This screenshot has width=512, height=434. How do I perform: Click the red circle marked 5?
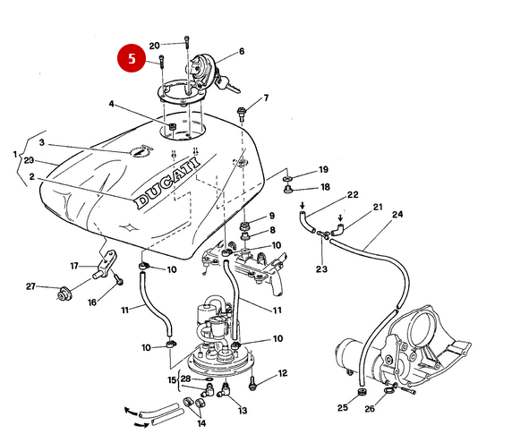click(132, 59)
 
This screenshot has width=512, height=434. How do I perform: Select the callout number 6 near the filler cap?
click(241, 52)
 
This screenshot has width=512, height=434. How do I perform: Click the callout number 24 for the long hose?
click(397, 215)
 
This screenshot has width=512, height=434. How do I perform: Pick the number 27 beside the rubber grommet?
click(30, 286)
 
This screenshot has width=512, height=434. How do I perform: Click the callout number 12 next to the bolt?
click(283, 374)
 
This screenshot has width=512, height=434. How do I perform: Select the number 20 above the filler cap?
click(154, 45)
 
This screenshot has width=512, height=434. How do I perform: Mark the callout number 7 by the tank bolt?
click(265, 98)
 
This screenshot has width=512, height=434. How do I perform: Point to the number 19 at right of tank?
click(323, 169)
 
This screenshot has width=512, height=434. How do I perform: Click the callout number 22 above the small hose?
click(352, 194)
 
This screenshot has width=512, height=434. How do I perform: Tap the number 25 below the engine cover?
click(342, 408)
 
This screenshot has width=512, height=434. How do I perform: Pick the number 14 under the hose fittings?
click(201, 422)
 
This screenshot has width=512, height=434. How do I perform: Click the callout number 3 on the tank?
click(41, 143)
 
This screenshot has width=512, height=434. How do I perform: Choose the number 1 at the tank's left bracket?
click(14, 154)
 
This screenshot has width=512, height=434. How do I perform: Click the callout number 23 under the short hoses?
click(321, 268)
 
